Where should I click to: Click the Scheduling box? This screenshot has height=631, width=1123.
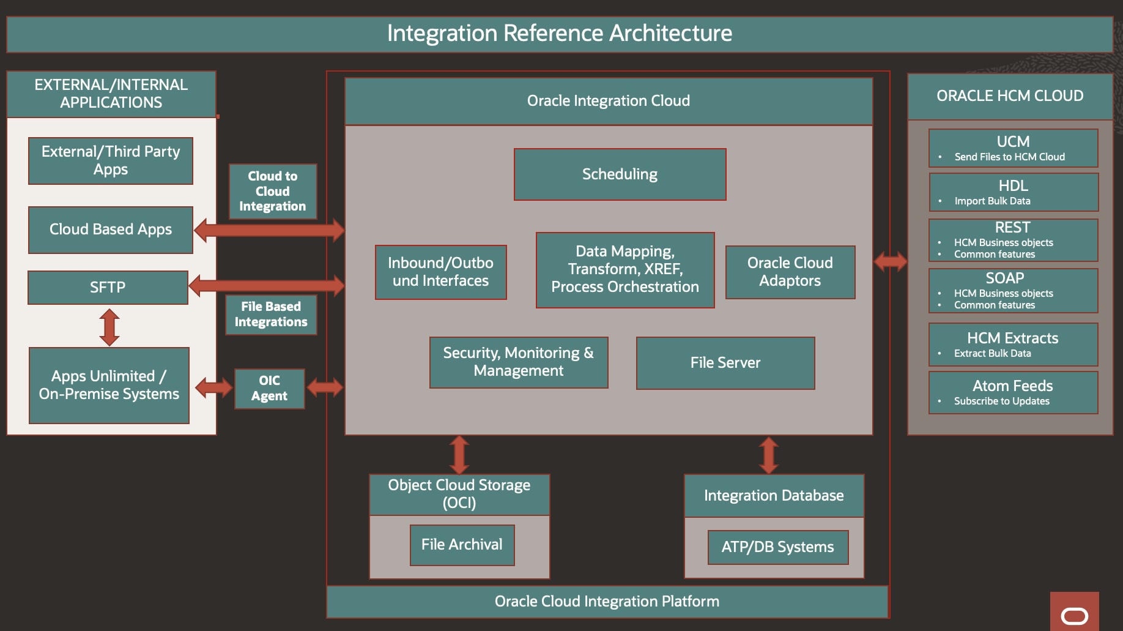click(x=620, y=174)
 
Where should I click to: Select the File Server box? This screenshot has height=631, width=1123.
click(x=725, y=363)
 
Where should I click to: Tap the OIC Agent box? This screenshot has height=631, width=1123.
click(x=269, y=389)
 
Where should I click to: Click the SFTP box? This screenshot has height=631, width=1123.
click(x=108, y=288)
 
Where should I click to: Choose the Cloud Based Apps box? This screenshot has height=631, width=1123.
click(x=111, y=230)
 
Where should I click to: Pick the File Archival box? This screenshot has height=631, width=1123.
click(x=462, y=545)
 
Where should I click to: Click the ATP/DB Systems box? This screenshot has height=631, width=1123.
click(x=777, y=547)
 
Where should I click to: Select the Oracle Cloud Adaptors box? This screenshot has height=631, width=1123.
click(x=790, y=272)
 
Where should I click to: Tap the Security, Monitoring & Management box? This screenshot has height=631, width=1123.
click(x=518, y=362)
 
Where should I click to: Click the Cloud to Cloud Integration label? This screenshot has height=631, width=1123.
click(x=273, y=191)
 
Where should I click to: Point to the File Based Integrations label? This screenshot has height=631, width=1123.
click(x=271, y=315)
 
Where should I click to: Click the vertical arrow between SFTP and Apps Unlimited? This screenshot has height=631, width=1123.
click(x=109, y=327)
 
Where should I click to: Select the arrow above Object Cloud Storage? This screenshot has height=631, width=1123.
click(x=459, y=455)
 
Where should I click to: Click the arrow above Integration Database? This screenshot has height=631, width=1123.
click(x=769, y=455)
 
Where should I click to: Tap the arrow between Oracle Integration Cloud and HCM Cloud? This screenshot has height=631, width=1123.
click(x=891, y=262)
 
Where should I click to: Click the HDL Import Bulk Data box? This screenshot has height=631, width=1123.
click(x=1013, y=192)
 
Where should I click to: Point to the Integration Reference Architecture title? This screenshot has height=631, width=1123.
click(x=559, y=34)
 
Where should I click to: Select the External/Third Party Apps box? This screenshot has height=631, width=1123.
click(x=111, y=160)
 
